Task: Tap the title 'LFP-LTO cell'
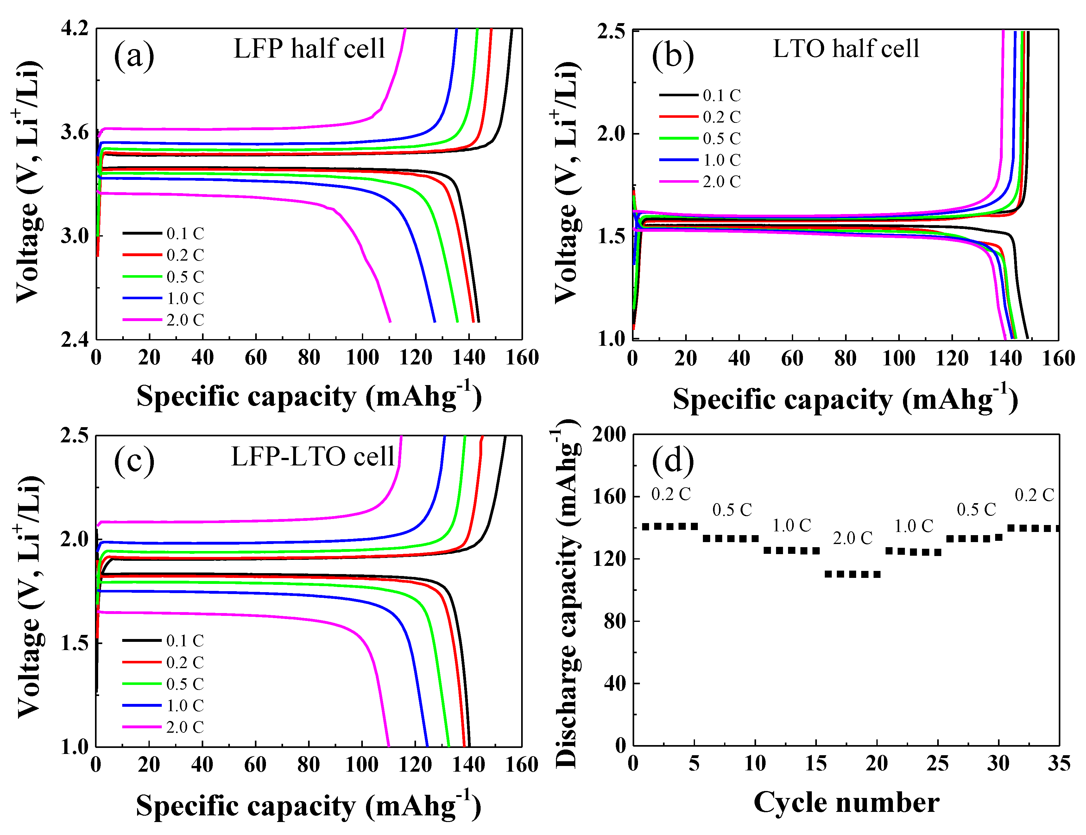[x=313, y=456]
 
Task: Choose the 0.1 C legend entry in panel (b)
[x=700, y=95]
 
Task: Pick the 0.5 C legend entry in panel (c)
[x=163, y=684]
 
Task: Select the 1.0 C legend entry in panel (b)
[x=700, y=160]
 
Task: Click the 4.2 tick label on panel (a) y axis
[x=74, y=28]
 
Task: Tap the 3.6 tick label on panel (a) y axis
[x=74, y=132]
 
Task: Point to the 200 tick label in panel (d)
[x=609, y=434]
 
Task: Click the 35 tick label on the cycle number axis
[x=1059, y=763]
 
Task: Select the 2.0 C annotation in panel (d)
[x=853, y=538]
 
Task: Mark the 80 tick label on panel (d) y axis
[x=615, y=621]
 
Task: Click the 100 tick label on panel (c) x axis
[x=362, y=764]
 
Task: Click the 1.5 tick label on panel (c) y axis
[x=74, y=643]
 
